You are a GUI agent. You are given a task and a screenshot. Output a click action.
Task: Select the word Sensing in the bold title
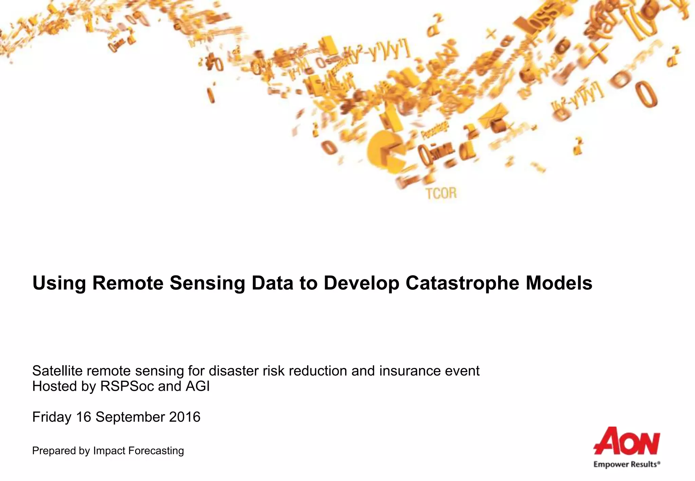coord(207,283)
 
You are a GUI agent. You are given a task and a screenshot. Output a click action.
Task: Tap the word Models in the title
coord(559,283)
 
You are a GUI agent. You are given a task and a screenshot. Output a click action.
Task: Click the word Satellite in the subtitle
coord(57,371)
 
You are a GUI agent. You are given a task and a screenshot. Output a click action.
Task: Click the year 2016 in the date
coord(185,417)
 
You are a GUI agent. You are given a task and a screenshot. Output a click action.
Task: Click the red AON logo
coord(626,441)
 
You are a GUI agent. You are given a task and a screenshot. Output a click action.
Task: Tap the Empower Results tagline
coord(626,464)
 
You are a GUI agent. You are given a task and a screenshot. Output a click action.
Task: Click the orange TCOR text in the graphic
coord(441,193)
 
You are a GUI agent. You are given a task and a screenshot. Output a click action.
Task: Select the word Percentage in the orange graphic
coord(434,131)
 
